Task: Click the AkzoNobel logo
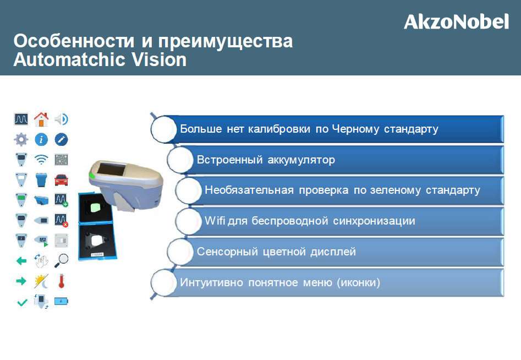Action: pyautogui.click(x=456, y=21)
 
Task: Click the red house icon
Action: pyautogui.click(x=41, y=119)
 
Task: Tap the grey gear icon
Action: pyautogui.click(x=21, y=140)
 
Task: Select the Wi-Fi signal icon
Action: pyautogui.click(x=41, y=160)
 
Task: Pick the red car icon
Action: pyautogui.click(x=61, y=180)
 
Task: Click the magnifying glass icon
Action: pyautogui.click(x=61, y=261)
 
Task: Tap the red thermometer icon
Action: pyautogui.click(x=61, y=281)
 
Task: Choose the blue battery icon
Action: pyautogui.click(x=61, y=302)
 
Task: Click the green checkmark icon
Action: pyautogui.click(x=22, y=303)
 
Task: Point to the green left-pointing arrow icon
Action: pyautogui.click(x=21, y=261)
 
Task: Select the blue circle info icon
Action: pyautogui.click(x=41, y=140)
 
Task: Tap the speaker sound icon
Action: pyautogui.click(x=62, y=119)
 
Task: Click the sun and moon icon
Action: pyautogui.click(x=41, y=281)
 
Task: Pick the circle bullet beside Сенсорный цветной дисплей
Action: pyautogui.click(x=180, y=252)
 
